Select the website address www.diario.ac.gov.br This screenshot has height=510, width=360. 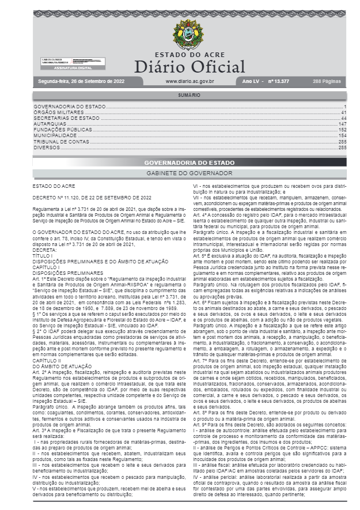pyautogui.click(x=190, y=81)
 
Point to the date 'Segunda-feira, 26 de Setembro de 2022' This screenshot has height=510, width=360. pyautogui.click(x=81, y=81)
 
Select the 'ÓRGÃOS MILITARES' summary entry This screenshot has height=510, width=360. pyautogui.click(x=57, y=112)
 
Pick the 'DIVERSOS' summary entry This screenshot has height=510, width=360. pyautogui.click(x=47, y=147)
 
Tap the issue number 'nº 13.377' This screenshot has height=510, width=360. pyautogui.click(x=279, y=81)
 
